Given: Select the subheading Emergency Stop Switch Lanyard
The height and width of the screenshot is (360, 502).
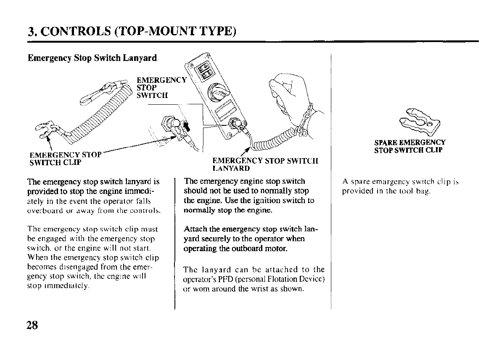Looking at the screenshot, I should click(92, 58).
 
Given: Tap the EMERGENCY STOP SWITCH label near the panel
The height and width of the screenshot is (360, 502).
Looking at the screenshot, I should click(161, 87).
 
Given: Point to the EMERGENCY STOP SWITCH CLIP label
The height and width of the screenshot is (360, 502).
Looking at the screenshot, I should click(64, 158).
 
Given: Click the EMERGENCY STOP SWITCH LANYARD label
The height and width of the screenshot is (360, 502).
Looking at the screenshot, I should click(265, 164).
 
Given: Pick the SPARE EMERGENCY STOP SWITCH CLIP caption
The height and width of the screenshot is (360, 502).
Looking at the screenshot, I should click(410, 146).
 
